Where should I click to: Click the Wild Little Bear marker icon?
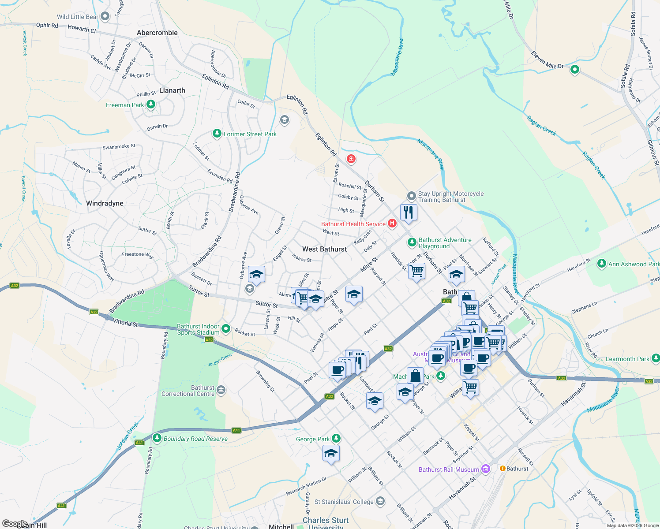pos(105,17)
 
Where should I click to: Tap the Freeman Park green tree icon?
pos(151,104)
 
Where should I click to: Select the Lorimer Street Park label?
pos(250,134)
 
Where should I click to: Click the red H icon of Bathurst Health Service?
pos(392,224)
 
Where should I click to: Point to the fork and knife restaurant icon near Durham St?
pos(409,212)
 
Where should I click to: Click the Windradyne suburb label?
pos(105,203)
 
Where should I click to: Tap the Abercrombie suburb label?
pos(157,33)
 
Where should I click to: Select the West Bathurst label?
pos(324,249)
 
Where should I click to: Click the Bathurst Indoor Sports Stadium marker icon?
pos(226,328)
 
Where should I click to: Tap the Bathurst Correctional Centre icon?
pos(221,390)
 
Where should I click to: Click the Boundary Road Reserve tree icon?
pos(157,438)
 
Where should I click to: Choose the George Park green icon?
pos(336,438)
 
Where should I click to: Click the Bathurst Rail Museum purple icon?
pos(486,469)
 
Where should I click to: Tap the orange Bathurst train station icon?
pos(502,468)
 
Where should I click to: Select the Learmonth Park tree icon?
pos(656,358)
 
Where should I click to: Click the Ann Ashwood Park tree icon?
pos(601,264)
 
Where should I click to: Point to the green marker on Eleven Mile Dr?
pos(574,70)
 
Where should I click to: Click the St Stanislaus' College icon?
pos(380,501)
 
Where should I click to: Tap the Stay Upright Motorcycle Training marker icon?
pos(411,196)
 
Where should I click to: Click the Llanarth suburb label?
pos(172,90)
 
